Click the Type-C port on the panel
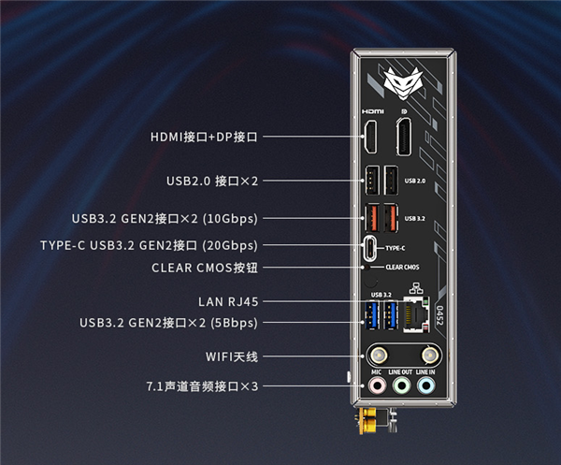[x=373, y=248]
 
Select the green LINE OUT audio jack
[x=400, y=384]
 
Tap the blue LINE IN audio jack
[x=426, y=384]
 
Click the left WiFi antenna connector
[x=380, y=356]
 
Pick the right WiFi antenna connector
[x=430, y=356]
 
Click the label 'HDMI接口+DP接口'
[x=204, y=137]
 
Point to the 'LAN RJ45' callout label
[x=228, y=301]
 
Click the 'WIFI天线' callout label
[x=231, y=356]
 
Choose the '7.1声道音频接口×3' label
[x=201, y=385]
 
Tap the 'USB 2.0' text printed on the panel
[x=415, y=180]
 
